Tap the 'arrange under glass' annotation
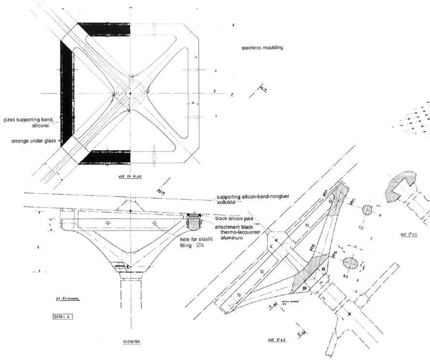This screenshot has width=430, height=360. pyautogui.click(x=33, y=141)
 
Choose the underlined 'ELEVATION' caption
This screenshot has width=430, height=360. pyautogui.click(x=131, y=342)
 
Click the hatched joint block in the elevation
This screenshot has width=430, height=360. pyautogui.click(x=194, y=222)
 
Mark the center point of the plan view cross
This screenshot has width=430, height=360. pyautogui.click(x=130, y=93)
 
